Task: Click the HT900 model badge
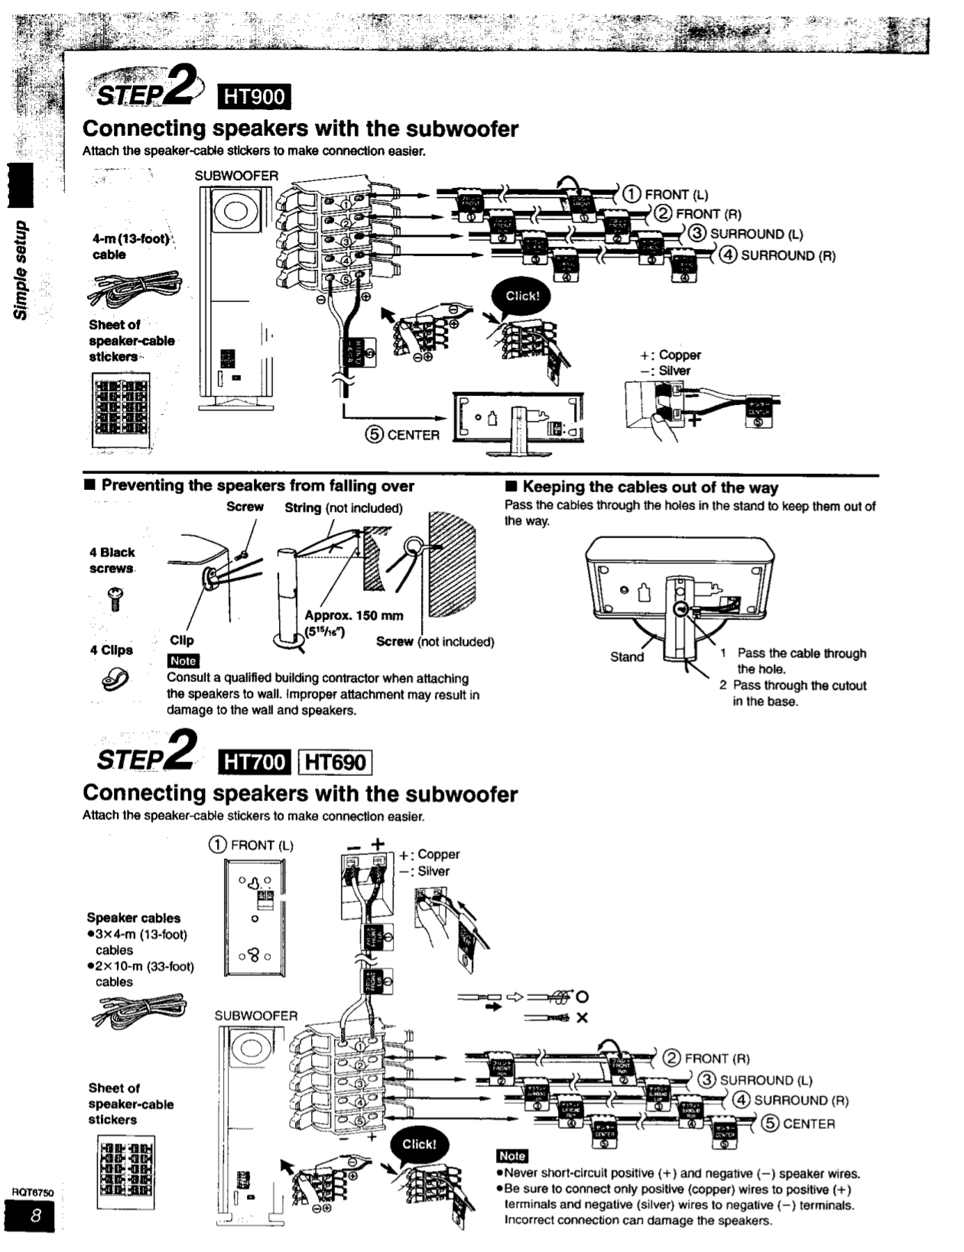pyautogui.click(x=254, y=96)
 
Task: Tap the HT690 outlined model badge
pyautogui.click(x=336, y=762)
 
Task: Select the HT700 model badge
pyautogui.click(x=255, y=762)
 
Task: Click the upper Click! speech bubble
pyautogui.click(x=522, y=297)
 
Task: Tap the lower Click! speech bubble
pyautogui.click(x=418, y=1144)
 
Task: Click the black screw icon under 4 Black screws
pyautogui.click(x=115, y=598)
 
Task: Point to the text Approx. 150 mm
pyautogui.click(x=353, y=615)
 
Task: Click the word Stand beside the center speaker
pyautogui.click(x=627, y=657)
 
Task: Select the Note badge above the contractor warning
pyautogui.click(x=183, y=661)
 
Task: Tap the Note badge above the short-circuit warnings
pyautogui.click(x=511, y=1156)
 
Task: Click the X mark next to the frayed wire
pyautogui.click(x=583, y=1018)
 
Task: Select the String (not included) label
pyautogui.click(x=343, y=508)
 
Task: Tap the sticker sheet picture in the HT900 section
pyautogui.click(x=120, y=411)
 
